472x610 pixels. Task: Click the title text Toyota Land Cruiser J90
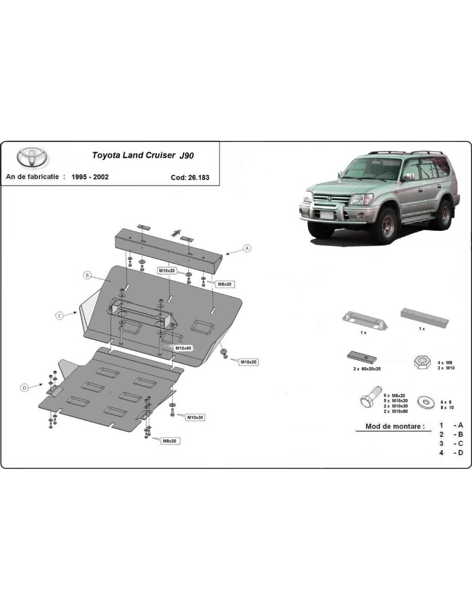tap(142, 155)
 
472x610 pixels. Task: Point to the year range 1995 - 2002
tap(90, 177)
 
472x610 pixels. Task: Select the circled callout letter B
tap(87, 275)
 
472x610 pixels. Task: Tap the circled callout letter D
tap(24, 388)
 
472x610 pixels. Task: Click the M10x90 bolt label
tap(183, 348)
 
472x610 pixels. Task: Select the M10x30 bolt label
tap(195, 417)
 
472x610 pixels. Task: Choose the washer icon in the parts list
tap(427, 402)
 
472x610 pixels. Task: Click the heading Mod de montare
tap(395, 426)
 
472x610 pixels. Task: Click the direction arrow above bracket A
tap(175, 233)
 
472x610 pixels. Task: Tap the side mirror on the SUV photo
tap(408, 176)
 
